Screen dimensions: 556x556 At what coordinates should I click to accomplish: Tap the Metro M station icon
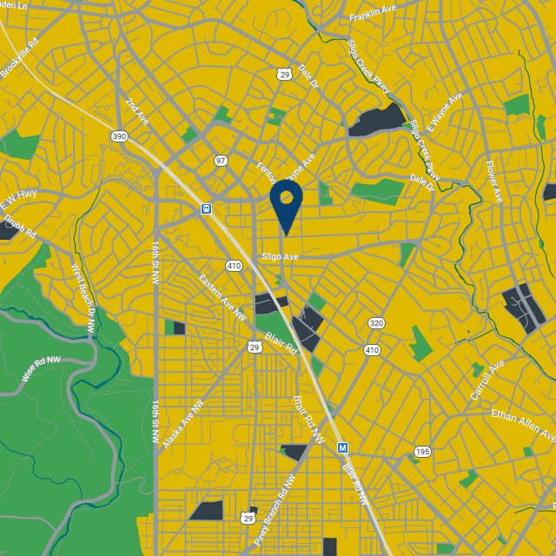click(343, 447)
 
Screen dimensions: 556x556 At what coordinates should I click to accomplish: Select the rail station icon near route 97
click(206, 208)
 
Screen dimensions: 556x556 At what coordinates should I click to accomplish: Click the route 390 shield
click(120, 136)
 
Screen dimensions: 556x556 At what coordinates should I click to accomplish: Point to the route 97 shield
click(221, 161)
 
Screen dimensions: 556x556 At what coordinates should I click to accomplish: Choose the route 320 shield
click(375, 323)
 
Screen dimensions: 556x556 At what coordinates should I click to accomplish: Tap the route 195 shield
click(422, 452)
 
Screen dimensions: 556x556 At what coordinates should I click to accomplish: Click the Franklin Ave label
click(373, 15)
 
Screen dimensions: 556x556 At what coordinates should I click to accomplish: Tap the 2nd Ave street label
click(136, 110)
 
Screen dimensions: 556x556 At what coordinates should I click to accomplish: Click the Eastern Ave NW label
click(217, 295)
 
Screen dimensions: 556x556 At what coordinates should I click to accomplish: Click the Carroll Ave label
click(486, 381)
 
